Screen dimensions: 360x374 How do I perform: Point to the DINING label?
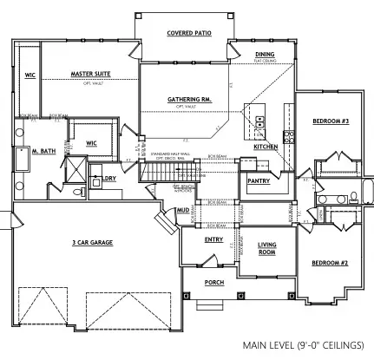coord(265,55)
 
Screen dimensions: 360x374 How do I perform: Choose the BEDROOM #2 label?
coord(330,261)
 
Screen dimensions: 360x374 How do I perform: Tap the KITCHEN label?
coord(266,147)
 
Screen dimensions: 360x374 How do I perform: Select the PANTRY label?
coord(259,180)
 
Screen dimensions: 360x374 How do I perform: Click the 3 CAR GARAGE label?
coord(96,242)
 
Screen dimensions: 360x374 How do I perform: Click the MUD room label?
coord(184,210)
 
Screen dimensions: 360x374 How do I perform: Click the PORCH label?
coord(213,282)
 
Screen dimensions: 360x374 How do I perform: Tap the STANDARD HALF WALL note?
coord(173,154)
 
